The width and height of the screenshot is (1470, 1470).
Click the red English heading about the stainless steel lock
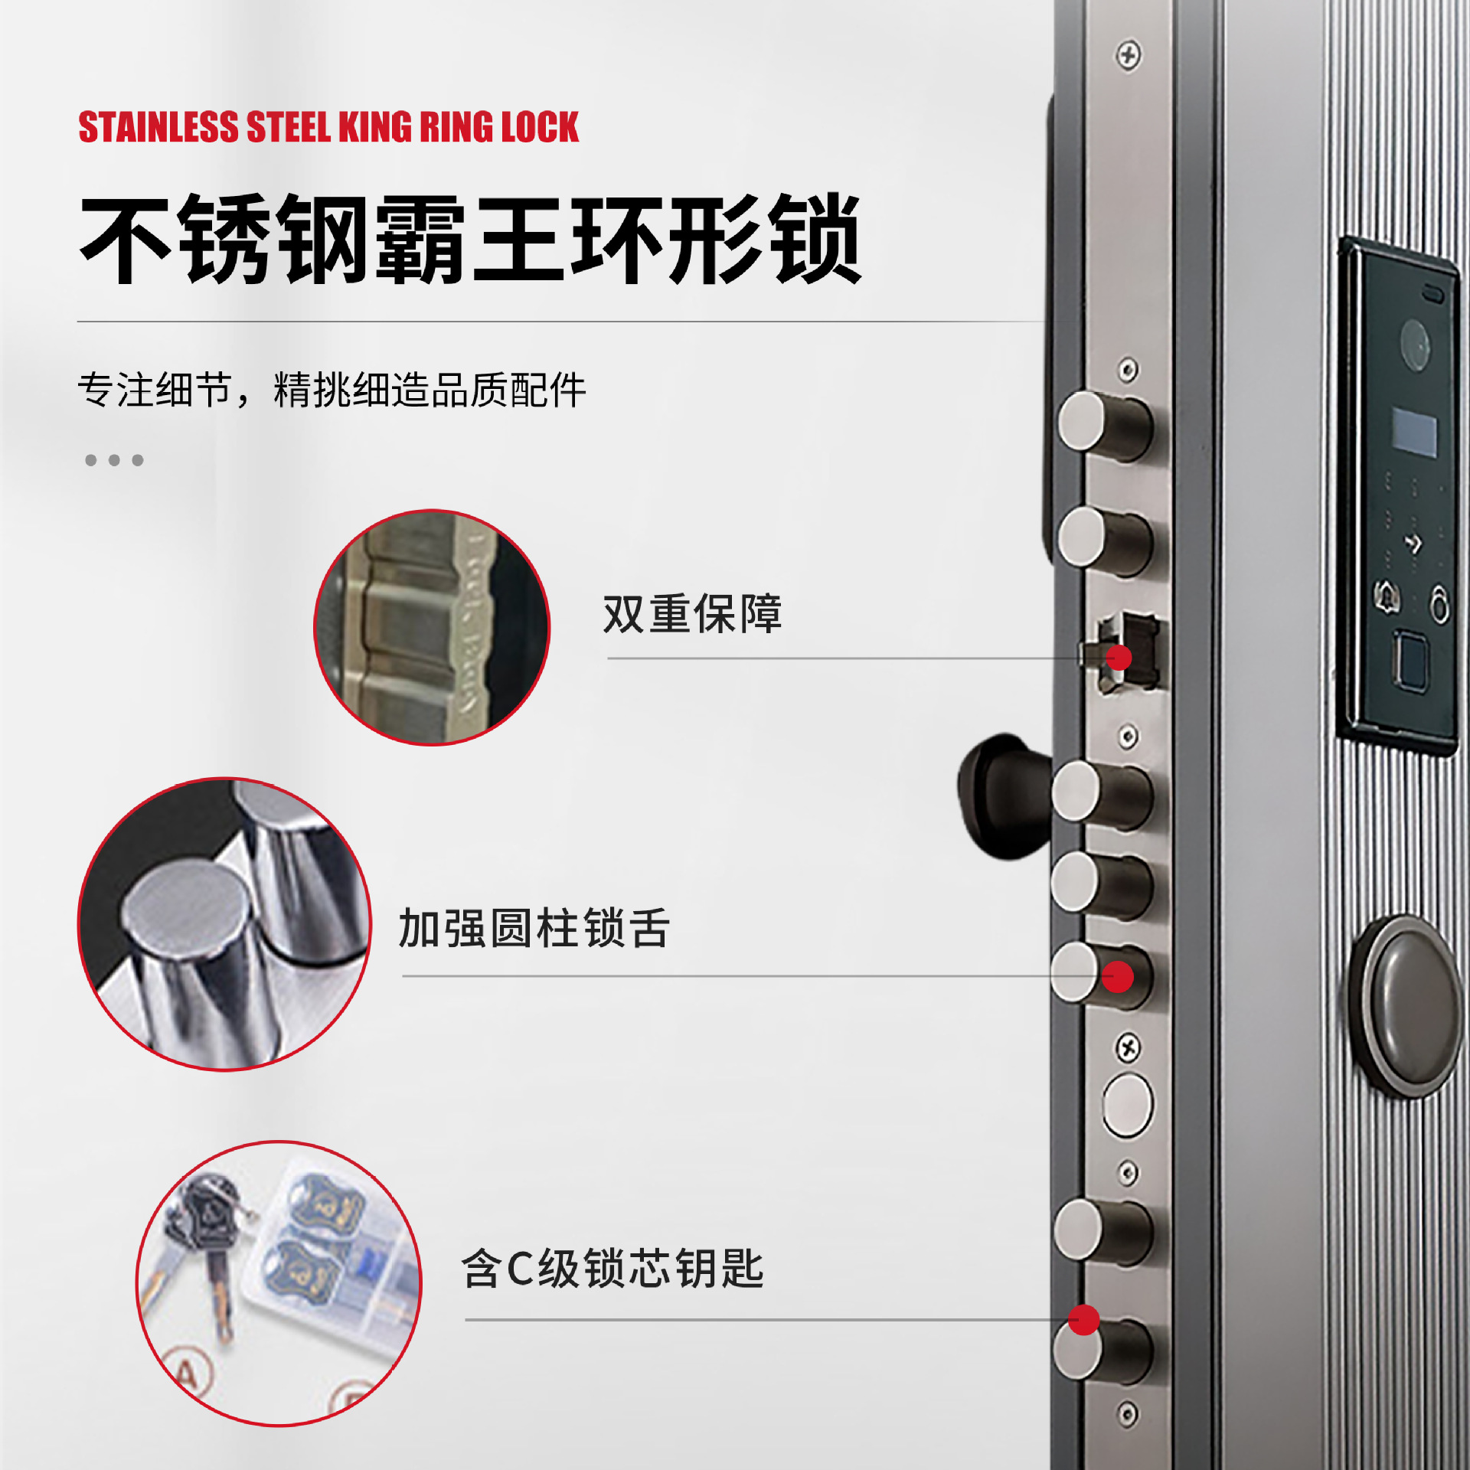[x=328, y=127]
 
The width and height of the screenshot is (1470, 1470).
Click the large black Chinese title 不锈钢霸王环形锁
[x=471, y=239]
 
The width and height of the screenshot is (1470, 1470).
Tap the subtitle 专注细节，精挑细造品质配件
[x=332, y=390]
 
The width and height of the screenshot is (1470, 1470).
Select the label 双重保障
[x=692, y=613]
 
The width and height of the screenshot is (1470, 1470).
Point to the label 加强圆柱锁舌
[x=534, y=928]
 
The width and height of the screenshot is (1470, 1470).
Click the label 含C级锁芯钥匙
[x=612, y=1269]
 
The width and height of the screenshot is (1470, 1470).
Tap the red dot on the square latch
[x=1119, y=657]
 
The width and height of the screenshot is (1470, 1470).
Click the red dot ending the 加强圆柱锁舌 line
[x=1118, y=976]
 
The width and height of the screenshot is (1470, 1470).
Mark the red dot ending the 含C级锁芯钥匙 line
[x=1084, y=1320]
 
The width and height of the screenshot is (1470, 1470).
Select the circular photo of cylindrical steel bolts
[x=224, y=923]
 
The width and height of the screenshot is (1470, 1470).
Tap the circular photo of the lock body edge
[x=432, y=627]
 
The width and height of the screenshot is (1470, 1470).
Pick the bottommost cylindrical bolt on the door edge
[x=1102, y=1351]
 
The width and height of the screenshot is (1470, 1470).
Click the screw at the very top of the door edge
[x=1128, y=55]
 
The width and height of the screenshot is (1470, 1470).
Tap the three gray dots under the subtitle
[x=114, y=460]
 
